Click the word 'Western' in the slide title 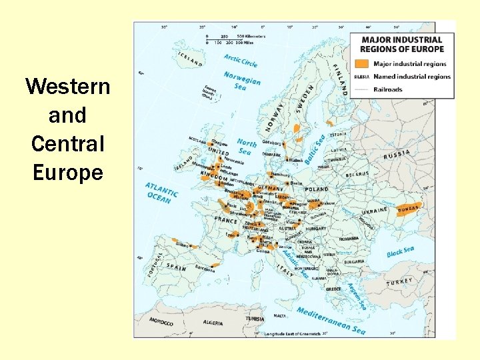(67, 87)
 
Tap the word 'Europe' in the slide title (67, 173)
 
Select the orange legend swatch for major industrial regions (361, 64)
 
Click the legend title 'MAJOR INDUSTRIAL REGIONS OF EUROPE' (402, 44)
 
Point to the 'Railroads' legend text (389, 89)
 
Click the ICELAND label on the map (189, 59)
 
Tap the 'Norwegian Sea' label (241, 81)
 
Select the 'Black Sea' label (400, 252)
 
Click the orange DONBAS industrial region (408, 209)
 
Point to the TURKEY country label (400, 282)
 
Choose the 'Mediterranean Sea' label (331, 321)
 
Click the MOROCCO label (161, 322)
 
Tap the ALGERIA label (213, 323)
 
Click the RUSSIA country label (397, 155)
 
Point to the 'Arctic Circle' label (241, 60)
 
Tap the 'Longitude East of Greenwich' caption (291, 333)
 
